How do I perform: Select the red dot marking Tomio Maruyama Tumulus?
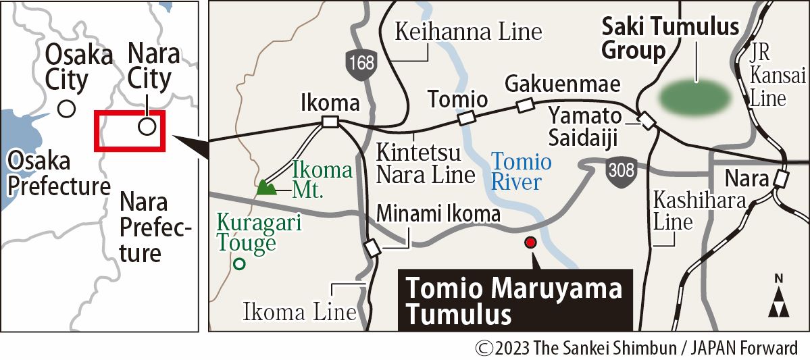[x=530, y=242]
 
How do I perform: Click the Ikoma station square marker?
[x=330, y=122]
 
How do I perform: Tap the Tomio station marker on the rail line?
[x=466, y=119]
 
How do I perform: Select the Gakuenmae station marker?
[x=524, y=105]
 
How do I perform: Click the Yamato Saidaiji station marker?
[x=648, y=122]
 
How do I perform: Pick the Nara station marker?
[x=782, y=179]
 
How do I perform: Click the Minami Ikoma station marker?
[x=372, y=249]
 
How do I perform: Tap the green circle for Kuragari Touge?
[x=238, y=265]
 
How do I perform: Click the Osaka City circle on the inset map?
[x=66, y=108]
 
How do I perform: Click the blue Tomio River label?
[x=521, y=172]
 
